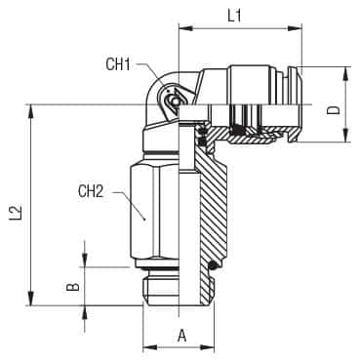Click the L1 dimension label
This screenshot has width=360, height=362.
click(x=234, y=16)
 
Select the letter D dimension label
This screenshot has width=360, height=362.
click(x=333, y=110)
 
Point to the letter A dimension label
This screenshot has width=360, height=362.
click(x=182, y=336)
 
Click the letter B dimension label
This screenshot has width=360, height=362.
click(x=73, y=287)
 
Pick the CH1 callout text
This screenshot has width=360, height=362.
click(x=118, y=64)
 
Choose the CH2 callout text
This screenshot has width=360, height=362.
click(x=91, y=191)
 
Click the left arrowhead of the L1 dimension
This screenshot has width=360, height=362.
click(x=186, y=28)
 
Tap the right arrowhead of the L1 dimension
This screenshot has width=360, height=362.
click(x=295, y=28)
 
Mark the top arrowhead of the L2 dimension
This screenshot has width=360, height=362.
click(x=31, y=111)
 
